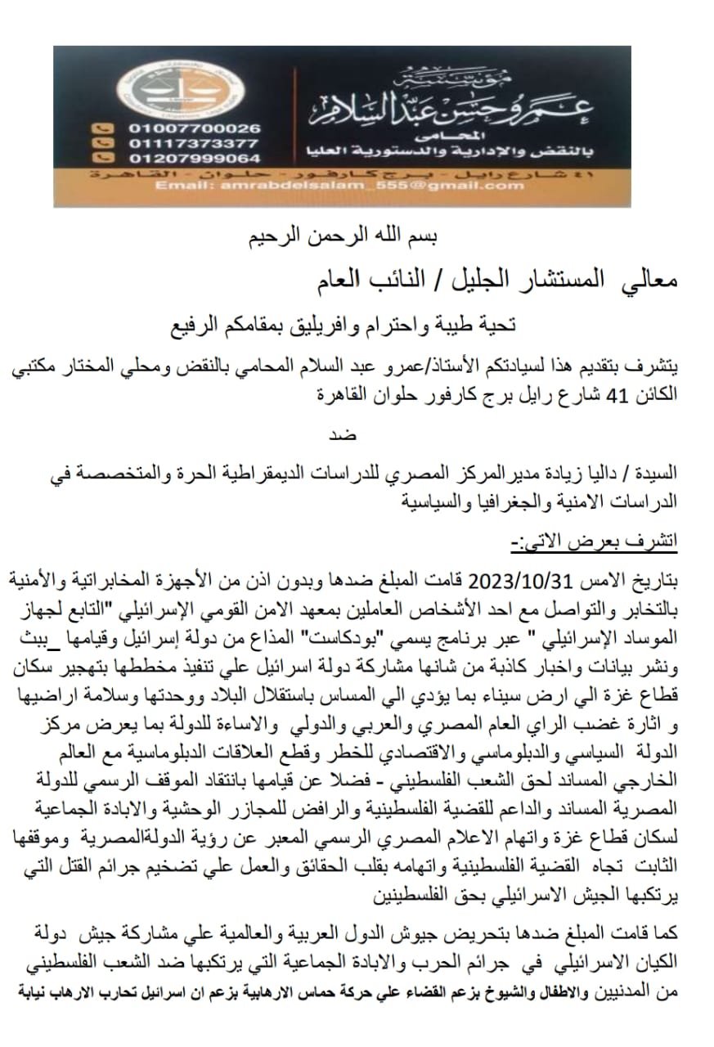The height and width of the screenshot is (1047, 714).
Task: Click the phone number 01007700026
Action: tap(195, 128)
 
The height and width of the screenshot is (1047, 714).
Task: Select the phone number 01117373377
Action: tap(195, 143)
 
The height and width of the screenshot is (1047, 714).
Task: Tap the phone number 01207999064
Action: tap(195, 158)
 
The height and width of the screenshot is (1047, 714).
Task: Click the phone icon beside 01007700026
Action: tap(102, 128)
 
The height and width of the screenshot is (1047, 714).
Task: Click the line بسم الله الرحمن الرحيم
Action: tap(343, 238)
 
